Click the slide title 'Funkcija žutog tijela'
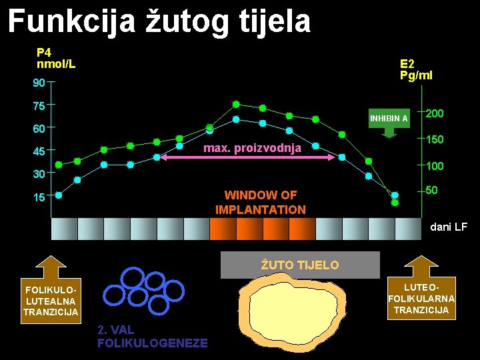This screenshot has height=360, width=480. (159, 21)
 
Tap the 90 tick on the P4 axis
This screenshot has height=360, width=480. (39, 83)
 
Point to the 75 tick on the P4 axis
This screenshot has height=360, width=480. (39, 106)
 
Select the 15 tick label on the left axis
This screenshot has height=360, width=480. (39, 198)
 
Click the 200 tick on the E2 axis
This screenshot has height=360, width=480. (435, 114)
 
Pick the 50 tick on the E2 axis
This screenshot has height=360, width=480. (431, 191)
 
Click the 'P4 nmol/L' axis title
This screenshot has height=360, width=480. (56, 58)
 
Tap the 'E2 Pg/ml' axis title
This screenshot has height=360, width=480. (416, 69)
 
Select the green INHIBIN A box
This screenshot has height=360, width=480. (389, 119)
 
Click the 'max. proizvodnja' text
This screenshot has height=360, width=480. (252, 147)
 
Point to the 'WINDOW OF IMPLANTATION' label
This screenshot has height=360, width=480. (261, 202)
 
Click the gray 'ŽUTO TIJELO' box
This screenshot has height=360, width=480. (299, 265)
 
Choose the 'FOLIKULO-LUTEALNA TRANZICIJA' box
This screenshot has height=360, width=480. (51, 301)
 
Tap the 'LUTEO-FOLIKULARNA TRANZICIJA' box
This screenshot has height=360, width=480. (421, 297)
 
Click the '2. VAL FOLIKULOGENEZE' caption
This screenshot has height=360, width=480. (152, 337)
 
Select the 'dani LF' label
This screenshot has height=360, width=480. (449, 227)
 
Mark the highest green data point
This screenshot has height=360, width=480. (236, 103)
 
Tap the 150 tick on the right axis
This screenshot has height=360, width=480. (435, 139)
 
